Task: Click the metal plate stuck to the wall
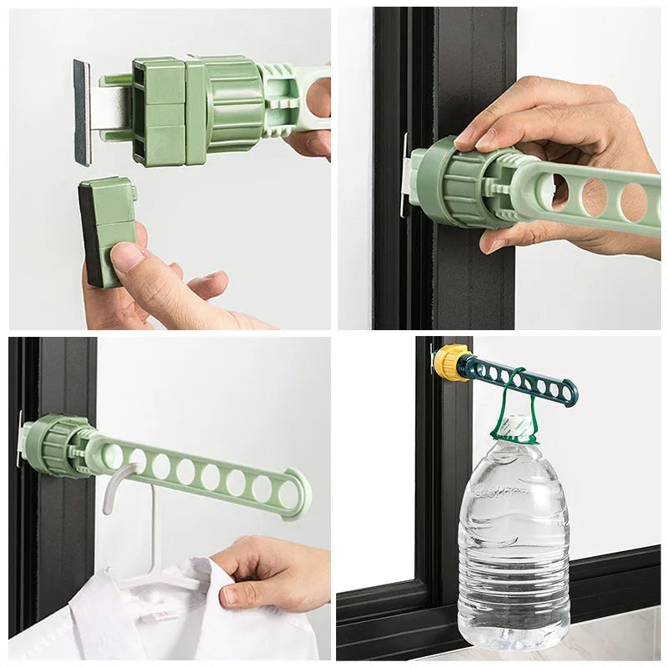[x=82, y=112]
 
